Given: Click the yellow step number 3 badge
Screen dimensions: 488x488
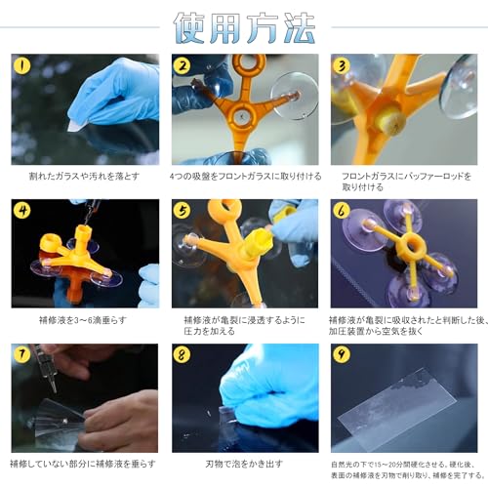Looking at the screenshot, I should [x=343, y=66].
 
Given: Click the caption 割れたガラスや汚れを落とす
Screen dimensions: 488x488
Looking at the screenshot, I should [x=84, y=177].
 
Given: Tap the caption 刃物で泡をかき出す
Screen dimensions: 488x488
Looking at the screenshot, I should [x=244, y=463].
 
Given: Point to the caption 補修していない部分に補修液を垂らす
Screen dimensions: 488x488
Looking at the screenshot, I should [x=84, y=463].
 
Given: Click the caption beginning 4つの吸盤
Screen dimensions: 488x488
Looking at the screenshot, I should [x=244, y=177].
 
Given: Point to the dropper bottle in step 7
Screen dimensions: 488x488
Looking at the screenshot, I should [x=45, y=367].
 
